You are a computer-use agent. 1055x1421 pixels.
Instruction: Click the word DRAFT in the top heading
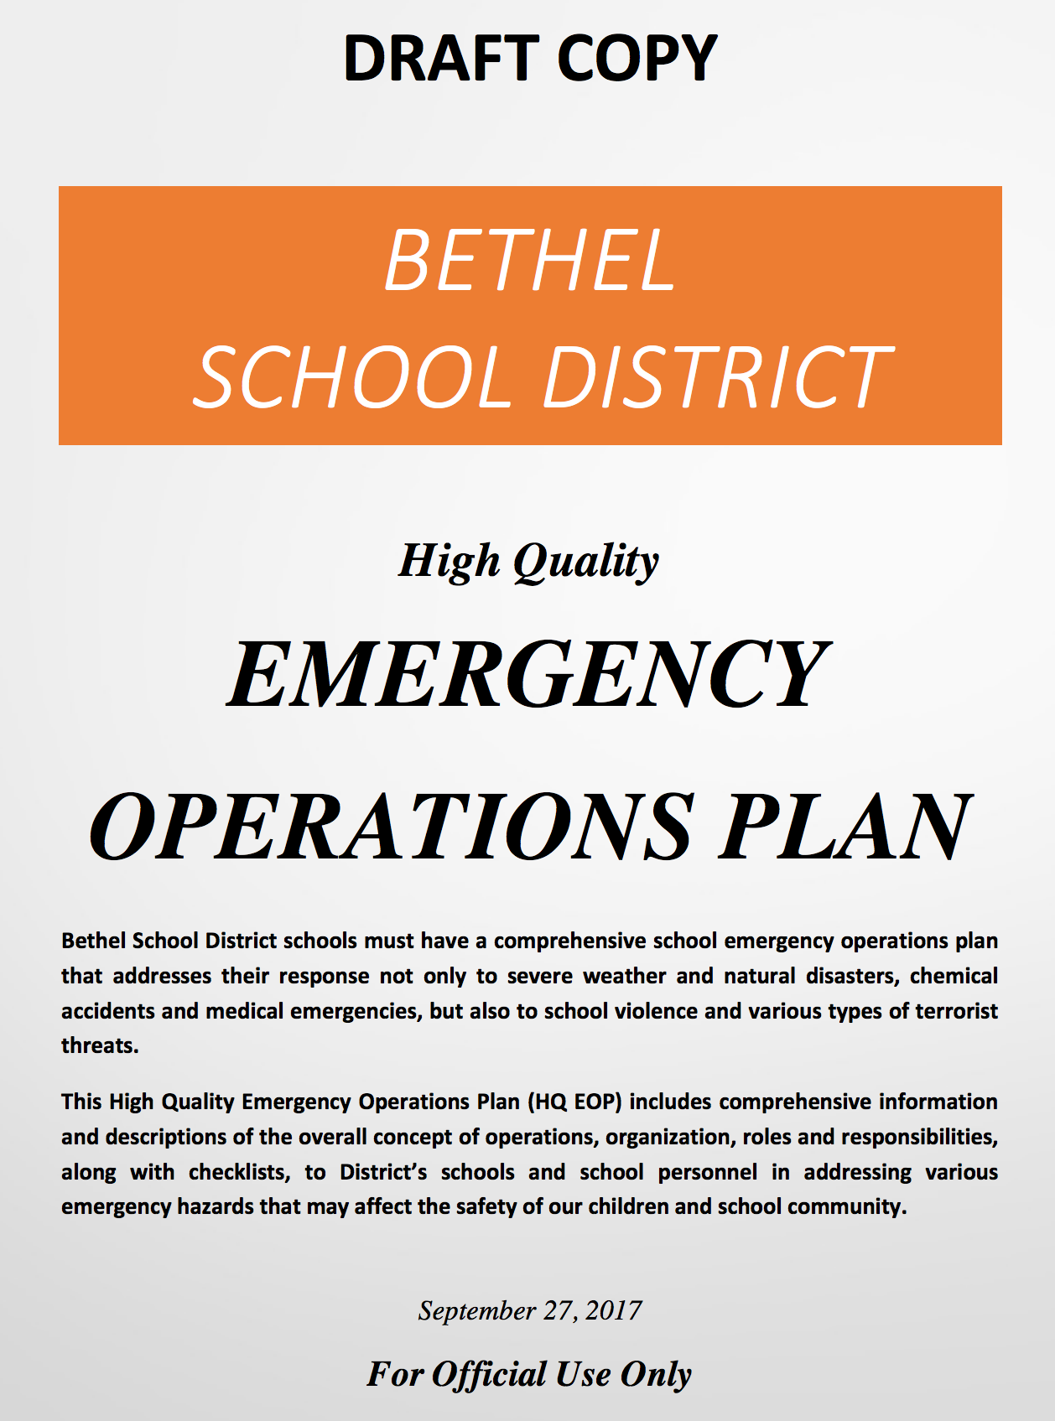tap(439, 59)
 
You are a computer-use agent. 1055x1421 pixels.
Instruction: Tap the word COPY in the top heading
tap(637, 59)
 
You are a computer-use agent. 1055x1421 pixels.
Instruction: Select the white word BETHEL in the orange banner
tap(530, 261)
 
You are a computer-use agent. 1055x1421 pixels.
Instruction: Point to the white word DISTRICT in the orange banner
tap(718, 378)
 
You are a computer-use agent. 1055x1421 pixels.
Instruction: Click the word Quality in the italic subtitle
tap(586, 562)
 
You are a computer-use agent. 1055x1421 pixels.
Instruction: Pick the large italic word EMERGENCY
tap(529, 676)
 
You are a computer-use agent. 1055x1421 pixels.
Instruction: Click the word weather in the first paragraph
tap(622, 977)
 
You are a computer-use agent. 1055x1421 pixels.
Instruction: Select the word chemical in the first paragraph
tap(954, 977)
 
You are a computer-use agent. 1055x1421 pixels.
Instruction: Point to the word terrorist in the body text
tap(956, 1011)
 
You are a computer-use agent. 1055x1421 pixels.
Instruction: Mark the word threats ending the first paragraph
tap(99, 1046)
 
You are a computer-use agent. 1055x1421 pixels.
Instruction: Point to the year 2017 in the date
tap(614, 1311)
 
